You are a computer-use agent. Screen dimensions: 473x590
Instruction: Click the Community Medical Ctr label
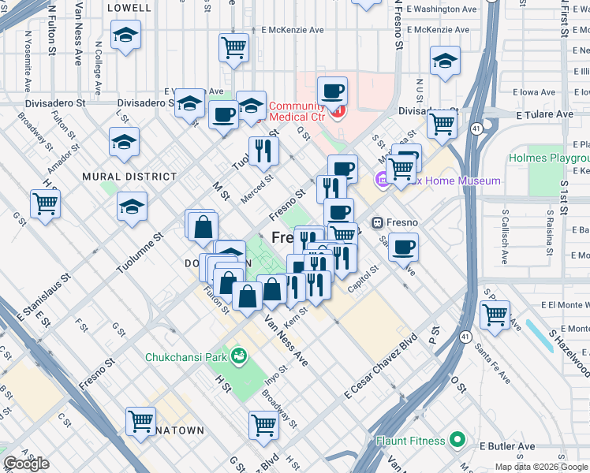(297, 111)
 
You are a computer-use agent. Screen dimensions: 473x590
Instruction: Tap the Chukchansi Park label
(184, 357)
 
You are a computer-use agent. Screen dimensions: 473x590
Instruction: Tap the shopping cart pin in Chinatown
(141, 422)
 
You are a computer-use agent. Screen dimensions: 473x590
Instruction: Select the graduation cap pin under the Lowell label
(125, 35)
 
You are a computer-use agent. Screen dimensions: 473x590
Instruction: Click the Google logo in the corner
(26, 464)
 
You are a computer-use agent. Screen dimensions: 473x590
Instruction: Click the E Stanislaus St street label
(44, 299)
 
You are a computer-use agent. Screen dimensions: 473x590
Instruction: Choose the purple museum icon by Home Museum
(383, 181)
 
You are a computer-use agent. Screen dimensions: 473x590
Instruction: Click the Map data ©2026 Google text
(541, 467)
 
